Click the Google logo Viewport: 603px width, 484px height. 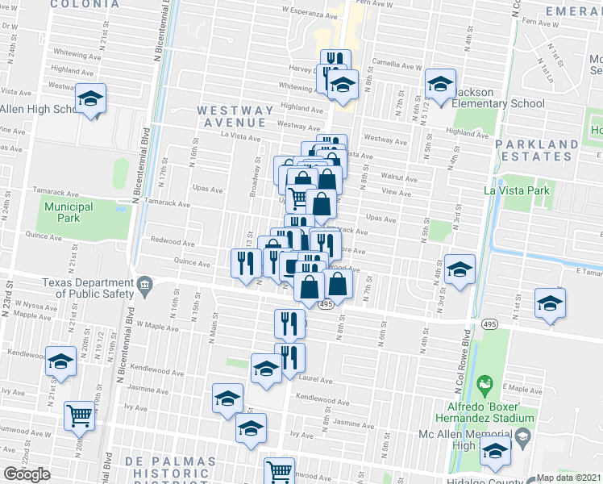pyautogui.click(x=27, y=474)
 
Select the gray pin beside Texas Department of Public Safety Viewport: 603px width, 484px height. pyautogui.click(x=145, y=283)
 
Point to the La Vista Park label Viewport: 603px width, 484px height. pyautogui.click(x=516, y=190)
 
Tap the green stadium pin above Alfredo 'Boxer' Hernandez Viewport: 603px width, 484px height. pyautogui.click(x=484, y=382)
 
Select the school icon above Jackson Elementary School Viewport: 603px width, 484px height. pyautogui.click(x=440, y=83)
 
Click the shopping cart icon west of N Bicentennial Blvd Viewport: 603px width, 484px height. pyautogui.click(x=80, y=415)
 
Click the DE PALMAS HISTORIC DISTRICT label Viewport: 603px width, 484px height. pyautogui.click(x=171, y=468)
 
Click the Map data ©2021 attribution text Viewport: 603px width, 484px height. pyautogui.click(x=569, y=478)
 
